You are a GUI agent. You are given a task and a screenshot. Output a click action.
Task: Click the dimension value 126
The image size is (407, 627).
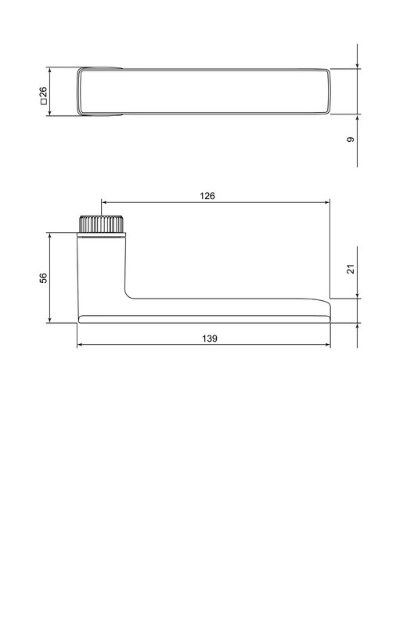pyautogui.click(x=207, y=196)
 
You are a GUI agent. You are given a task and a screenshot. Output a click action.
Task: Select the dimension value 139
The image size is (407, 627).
pyautogui.click(x=209, y=339)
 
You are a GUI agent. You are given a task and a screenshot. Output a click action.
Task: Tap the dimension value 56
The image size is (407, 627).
pyautogui.click(x=43, y=277)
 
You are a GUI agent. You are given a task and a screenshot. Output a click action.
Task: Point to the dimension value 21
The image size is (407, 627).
pyautogui.click(x=351, y=269)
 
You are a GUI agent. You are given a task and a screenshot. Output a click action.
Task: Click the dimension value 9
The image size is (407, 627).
pyautogui.click(x=351, y=140)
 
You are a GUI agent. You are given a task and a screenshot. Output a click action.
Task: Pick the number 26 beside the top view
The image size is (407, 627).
pyautogui.click(x=43, y=92)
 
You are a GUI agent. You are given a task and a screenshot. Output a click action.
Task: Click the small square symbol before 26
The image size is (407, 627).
pyautogui.click(x=44, y=102)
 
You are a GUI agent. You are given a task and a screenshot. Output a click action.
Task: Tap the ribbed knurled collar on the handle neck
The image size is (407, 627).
pyautogui.click(x=101, y=224)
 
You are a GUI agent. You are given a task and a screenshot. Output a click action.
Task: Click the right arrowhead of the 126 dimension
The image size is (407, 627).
pyautogui.click(x=326, y=202)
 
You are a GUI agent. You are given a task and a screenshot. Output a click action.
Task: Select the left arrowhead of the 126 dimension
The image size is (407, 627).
pyautogui.click(x=105, y=202)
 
